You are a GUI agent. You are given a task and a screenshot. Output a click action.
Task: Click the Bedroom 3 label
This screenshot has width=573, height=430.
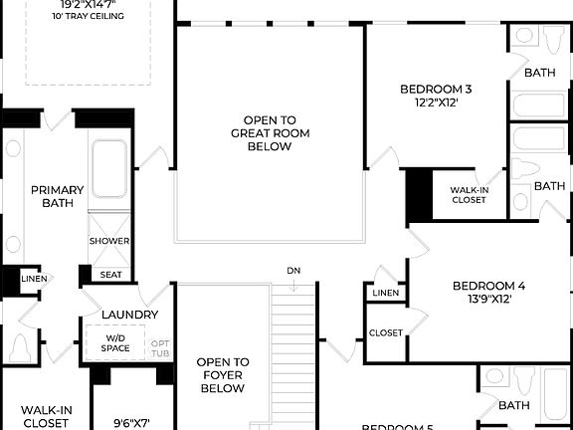click(436, 90)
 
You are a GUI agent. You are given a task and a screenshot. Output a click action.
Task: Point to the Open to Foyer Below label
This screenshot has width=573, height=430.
click(222, 375)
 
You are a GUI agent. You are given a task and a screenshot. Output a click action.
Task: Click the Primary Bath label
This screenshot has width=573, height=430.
click(57, 197)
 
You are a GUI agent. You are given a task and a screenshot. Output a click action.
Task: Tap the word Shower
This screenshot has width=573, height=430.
click(109, 241)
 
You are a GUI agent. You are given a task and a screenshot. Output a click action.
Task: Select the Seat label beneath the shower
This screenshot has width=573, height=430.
click(109, 275)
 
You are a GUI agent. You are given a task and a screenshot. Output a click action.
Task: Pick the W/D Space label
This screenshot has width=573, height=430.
click(116, 343)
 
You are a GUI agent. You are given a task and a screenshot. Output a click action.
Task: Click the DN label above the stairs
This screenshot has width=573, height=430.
click(293, 271)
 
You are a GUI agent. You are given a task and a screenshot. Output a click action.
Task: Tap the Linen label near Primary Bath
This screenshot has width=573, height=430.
click(34, 278)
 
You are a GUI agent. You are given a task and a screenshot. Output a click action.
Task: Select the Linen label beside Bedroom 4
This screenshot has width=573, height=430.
click(386, 293)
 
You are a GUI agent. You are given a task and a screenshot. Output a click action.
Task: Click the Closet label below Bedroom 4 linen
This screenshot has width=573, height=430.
click(386, 332)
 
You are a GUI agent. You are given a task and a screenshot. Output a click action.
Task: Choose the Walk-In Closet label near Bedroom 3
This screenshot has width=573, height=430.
click(469, 194)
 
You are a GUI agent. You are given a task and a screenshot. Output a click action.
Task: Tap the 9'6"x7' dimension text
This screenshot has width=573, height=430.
click(130, 423)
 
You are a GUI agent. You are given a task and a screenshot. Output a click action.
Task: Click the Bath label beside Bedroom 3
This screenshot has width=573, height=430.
click(540, 72)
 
